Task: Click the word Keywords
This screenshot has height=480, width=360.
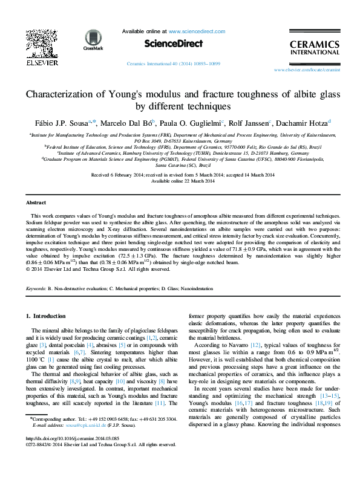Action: point(36,289)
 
